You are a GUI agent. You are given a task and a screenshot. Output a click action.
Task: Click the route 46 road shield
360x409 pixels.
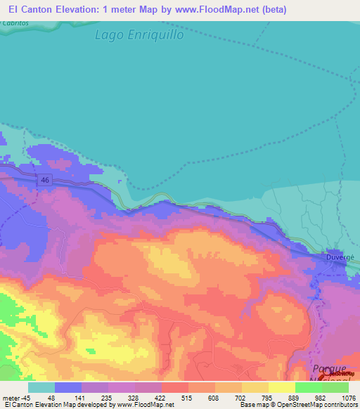point(46,181)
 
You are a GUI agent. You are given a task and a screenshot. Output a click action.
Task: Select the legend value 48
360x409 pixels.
point(51,397)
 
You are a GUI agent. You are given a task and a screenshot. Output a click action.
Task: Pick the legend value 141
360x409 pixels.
point(84,397)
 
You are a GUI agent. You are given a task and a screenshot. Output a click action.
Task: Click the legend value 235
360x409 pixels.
point(116,397)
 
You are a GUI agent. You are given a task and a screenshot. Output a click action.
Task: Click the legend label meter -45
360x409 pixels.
point(15,397)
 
